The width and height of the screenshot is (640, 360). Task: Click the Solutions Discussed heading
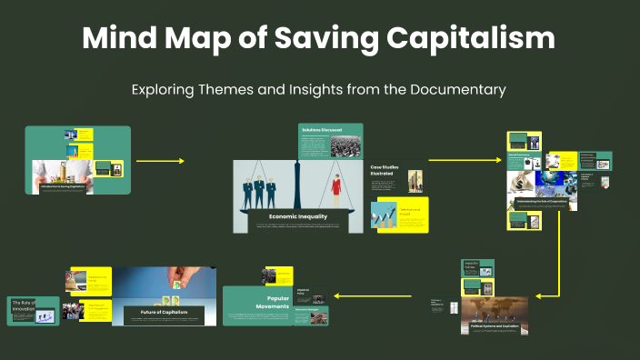pos(319,130)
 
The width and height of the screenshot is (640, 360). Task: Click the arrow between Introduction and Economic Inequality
pos(160,161)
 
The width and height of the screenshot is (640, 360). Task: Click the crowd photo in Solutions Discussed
pos(345,146)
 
